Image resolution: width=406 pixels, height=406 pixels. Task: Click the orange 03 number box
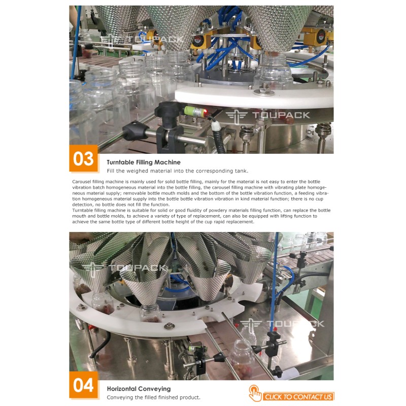83,158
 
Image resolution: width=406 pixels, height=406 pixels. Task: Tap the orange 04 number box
83,385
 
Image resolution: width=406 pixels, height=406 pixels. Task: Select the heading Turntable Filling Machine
144,162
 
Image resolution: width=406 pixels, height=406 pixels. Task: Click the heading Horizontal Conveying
139,389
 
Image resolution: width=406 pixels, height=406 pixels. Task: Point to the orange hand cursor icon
255,393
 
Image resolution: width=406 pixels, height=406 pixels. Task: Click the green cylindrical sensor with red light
196,111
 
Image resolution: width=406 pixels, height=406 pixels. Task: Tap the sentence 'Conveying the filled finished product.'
154,397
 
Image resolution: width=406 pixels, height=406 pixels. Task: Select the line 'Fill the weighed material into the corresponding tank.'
178,171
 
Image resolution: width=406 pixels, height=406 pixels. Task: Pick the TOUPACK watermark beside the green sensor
268,116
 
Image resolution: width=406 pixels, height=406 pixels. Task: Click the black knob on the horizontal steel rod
136,131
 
